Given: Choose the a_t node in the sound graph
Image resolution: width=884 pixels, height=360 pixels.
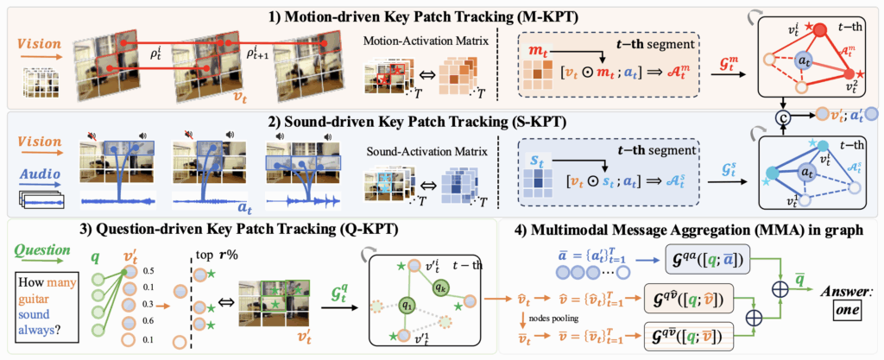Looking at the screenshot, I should point(804,173).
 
